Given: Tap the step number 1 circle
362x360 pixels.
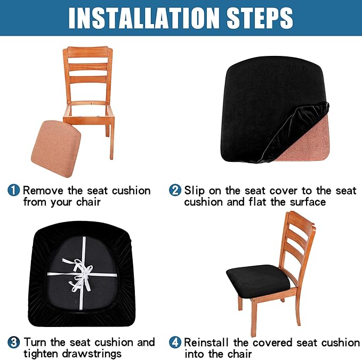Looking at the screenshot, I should coord(14,191).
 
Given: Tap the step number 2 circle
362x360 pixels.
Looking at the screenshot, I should coord(175,191).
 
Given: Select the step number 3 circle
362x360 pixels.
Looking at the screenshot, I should coord(14,342).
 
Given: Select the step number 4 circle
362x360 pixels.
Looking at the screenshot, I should coord(175,342).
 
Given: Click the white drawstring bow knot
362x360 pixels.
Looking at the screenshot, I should coord(82,273).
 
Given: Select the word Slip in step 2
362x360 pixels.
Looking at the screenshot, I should coord(195,191).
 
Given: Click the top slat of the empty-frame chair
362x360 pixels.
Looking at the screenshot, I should coord(88,55).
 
